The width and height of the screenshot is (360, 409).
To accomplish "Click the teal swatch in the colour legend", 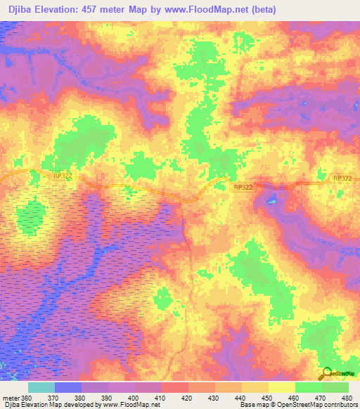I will [x=41, y=387].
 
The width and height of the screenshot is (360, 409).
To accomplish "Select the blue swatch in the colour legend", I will [x=68, y=387].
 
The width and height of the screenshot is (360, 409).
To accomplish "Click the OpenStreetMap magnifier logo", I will [x=326, y=373].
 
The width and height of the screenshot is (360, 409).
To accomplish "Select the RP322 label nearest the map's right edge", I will [x=341, y=179].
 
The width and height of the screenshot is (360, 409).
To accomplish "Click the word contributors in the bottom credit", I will [x=337, y=405].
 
